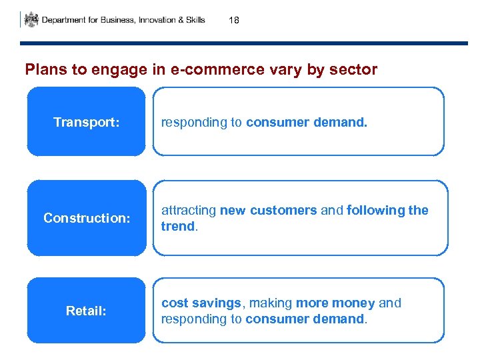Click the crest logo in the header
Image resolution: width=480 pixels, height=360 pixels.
pos(31,19)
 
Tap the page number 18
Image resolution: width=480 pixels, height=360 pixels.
pos(233,21)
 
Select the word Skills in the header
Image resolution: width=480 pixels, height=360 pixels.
pos(194,20)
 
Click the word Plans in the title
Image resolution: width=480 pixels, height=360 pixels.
pos(42,69)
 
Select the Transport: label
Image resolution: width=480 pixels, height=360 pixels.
pos(86,123)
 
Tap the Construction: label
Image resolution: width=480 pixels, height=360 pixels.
pos(86,218)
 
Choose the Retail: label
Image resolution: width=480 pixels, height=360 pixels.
pos(86,311)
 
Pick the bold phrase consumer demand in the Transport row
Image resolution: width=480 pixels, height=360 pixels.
pos(306,123)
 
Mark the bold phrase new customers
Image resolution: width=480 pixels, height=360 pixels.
pos(268,211)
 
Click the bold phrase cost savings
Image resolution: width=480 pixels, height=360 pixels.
pos(201,303)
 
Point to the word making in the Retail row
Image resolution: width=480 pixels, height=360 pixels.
pos(271,303)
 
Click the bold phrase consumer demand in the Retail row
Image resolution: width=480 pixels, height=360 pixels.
pos(305,319)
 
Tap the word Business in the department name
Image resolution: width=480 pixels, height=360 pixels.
pos(115,20)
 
